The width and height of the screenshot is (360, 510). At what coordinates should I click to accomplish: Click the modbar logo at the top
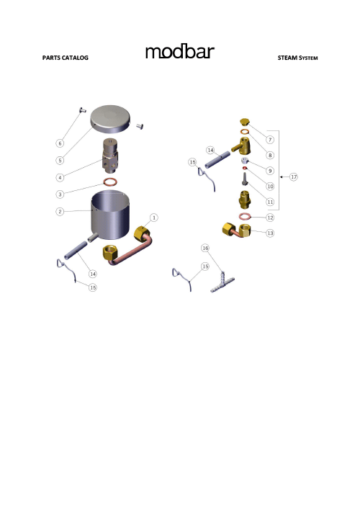[x=179, y=53]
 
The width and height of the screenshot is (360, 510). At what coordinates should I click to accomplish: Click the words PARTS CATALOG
[x=65, y=58]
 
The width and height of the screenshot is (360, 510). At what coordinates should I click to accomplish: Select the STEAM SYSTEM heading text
[x=297, y=58]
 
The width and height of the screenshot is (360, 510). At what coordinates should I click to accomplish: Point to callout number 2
[x=60, y=212]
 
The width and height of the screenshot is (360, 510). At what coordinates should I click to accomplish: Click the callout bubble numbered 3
[x=60, y=194]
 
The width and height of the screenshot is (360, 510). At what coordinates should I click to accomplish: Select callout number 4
[x=60, y=176]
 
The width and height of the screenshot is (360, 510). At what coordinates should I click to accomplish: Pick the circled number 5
[x=60, y=159]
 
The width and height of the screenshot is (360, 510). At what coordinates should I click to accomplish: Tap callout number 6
[x=60, y=142]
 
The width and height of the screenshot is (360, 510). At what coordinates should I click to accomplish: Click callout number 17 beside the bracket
[x=294, y=176]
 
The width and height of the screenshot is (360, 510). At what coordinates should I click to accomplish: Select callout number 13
[x=270, y=233]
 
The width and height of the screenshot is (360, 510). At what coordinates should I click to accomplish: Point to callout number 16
[x=204, y=248]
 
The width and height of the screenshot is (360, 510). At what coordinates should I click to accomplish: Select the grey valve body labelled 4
[x=112, y=153]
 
